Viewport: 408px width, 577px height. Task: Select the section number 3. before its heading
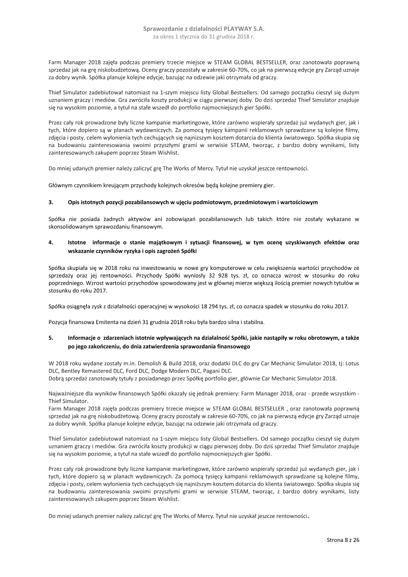(51, 203)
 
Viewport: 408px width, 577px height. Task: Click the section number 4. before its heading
(51, 242)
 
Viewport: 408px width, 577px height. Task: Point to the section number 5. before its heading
(51, 338)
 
